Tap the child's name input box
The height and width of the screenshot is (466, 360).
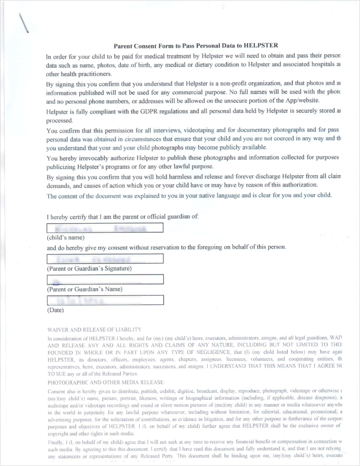(105, 228)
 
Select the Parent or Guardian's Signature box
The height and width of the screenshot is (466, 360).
(105, 258)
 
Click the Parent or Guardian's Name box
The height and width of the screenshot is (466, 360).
(105, 279)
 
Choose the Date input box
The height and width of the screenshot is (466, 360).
(105, 300)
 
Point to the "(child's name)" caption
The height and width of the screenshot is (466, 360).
(66, 237)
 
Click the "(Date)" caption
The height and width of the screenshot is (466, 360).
(55, 310)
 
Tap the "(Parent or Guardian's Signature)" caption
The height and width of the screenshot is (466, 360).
(89, 268)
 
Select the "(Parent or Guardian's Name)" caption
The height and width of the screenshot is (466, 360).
(85, 289)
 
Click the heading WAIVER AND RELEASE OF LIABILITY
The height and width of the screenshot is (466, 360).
(94, 329)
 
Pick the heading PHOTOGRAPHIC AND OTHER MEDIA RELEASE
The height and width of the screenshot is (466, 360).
(106, 382)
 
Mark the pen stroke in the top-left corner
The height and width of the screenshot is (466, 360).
(24, 23)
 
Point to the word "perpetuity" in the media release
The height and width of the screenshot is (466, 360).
(94, 412)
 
